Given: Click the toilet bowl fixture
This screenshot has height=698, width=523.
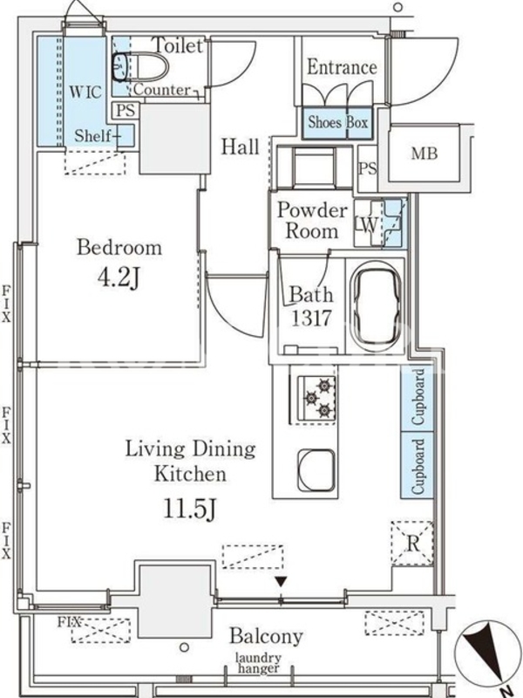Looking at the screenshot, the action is [x=140, y=67].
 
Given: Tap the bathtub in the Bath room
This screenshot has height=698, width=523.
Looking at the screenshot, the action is [x=376, y=307].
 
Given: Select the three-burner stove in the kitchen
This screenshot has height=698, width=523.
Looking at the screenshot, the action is [x=316, y=398].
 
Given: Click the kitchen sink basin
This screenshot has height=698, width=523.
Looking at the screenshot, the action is [x=316, y=471].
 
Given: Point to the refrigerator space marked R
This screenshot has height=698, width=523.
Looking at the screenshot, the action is [x=412, y=544].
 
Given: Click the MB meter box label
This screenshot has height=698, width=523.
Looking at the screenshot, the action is [x=425, y=154].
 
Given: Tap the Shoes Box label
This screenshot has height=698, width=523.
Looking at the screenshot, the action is [x=338, y=122].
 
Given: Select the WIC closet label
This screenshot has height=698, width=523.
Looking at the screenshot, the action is [x=85, y=92].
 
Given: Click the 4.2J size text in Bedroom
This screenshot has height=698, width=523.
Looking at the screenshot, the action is [x=119, y=278].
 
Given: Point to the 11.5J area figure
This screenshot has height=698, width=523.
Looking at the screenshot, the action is [x=190, y=510].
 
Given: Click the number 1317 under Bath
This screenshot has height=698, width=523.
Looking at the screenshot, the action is [x=311, y=318].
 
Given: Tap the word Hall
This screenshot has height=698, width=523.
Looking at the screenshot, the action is [x=241, y=147].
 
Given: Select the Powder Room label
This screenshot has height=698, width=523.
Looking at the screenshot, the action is [x=312, y=221].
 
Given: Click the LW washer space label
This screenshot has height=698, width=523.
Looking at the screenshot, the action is [x=366, y=225].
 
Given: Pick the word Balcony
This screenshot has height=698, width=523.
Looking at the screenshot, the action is [x=267, y=637].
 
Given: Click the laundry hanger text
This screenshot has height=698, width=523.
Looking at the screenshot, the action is [x=258, y=663].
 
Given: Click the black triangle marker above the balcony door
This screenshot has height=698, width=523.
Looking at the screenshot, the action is [x=281, y=581].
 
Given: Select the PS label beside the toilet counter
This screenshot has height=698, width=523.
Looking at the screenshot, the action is [x=126, y=111].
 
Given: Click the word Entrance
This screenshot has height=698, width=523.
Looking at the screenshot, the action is [x=342, y=68].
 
